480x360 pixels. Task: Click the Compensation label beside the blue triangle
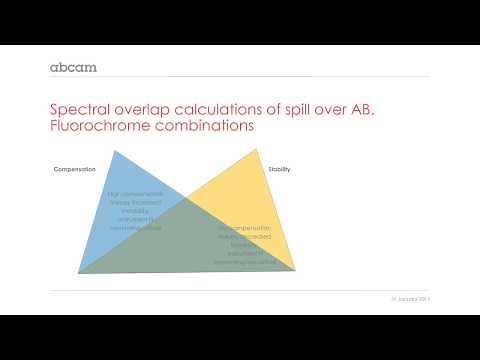point(74,169)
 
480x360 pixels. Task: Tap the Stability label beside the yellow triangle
point(279,169)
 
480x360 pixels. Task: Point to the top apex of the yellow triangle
point(261,151)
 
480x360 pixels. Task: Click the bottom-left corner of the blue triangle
point(79,272)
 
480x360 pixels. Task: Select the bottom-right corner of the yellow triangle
point(296,271)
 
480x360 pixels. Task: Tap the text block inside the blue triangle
point(134,210)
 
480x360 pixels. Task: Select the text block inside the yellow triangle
point(246,245)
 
